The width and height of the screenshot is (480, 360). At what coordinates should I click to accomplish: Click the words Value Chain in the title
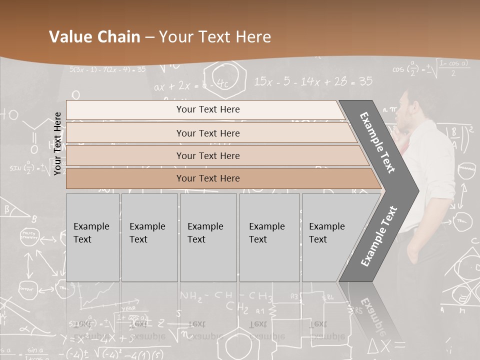click(x=94, y=37)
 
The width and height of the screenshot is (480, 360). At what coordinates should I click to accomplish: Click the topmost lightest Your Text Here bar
click(x=207, y=109)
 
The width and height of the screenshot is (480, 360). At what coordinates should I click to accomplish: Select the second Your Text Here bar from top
click(x=207, y=133)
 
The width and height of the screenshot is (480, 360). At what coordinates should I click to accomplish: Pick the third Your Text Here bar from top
click(x=207, y=155)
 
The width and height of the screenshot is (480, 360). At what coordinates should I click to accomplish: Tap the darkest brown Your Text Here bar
click(x=207, y=178)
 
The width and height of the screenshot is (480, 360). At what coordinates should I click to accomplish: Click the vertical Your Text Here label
click(x=58, y=144)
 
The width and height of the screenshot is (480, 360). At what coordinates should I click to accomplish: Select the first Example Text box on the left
click(x=92, y=237)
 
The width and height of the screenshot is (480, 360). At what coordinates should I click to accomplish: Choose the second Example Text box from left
click(x=149, y=237)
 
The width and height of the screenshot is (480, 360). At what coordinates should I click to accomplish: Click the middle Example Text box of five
click(x=208, y=237)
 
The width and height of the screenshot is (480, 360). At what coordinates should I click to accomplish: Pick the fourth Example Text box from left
click(x=270, y=237)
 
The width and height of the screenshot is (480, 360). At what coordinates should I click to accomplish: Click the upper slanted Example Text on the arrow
click(x=378, y=142)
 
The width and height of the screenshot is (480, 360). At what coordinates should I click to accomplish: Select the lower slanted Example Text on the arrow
click(x=379, y=236)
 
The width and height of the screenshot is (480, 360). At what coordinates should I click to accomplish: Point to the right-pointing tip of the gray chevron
click(x=417, y=190)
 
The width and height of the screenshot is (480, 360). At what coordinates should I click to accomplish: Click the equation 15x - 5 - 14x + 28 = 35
click(x=313, y=81)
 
